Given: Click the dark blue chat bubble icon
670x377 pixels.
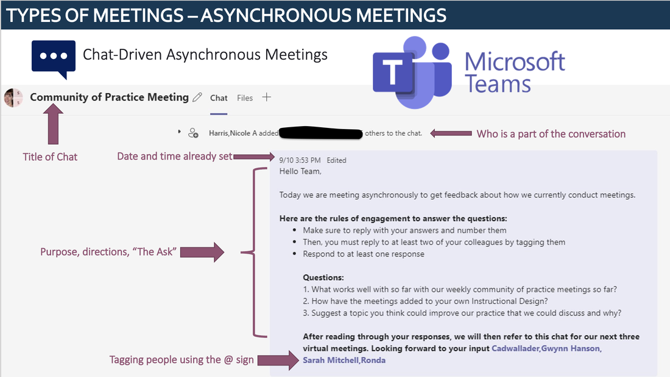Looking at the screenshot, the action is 54,58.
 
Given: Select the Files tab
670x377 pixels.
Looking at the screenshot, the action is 245,98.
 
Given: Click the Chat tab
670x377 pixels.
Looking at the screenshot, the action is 218,98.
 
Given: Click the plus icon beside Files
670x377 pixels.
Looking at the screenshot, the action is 267,97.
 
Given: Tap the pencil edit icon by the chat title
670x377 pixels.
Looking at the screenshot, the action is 197,97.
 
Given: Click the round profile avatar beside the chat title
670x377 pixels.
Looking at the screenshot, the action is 13,97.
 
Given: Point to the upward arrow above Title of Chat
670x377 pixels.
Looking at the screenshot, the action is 53,124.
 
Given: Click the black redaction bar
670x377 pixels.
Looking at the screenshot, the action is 320,133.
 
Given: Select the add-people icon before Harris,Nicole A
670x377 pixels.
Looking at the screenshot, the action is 193,133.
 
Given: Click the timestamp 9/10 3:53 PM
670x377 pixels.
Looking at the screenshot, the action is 300,160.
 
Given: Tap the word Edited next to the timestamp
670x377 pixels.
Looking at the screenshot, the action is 336,160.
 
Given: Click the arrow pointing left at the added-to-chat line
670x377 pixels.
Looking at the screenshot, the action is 451,133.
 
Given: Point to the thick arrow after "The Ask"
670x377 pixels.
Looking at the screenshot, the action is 202,252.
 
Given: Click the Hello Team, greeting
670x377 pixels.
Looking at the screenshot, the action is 300,171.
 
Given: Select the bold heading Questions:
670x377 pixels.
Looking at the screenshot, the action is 323,277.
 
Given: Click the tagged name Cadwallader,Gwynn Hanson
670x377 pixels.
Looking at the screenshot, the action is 546,348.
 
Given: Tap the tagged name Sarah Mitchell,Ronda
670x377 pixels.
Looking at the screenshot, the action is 344,361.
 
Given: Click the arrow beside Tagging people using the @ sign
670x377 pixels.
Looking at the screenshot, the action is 278,361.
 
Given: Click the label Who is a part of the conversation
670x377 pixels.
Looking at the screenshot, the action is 551,134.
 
